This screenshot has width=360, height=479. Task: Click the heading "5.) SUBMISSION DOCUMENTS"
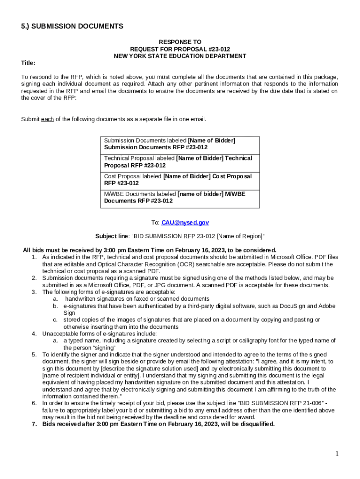[72, 27]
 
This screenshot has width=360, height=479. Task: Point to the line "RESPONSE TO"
[180, 42]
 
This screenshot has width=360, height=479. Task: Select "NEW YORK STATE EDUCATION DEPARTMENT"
[180, 56]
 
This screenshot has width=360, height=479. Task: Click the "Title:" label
[28, 63]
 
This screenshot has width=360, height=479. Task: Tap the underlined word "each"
[47, 119]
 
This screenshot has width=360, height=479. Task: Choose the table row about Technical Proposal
[180, 162]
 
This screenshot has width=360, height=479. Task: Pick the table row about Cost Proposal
[180, 180]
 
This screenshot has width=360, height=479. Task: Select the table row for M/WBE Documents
[180, 197]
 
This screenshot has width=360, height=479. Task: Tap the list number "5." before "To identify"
[34, 355]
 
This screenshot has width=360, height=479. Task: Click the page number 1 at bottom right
[337, 454]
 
